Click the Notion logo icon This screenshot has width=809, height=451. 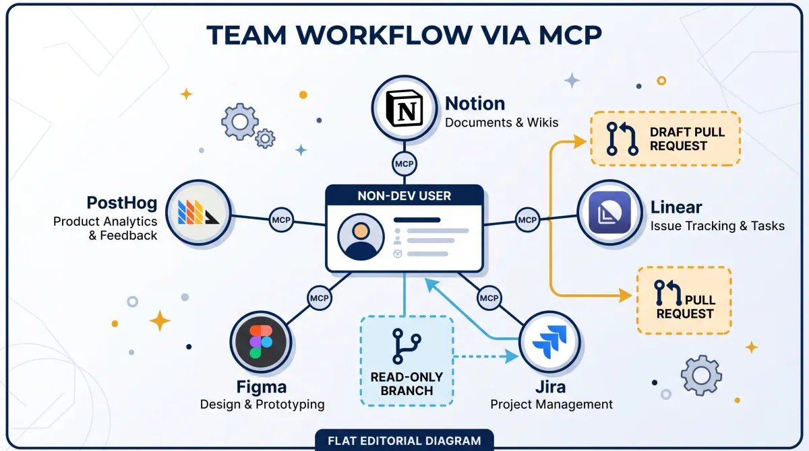pos(404,108)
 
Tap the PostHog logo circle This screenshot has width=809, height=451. pos(198,212)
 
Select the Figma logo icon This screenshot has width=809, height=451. pos(261,342)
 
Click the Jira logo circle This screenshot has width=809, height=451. pos(549,342)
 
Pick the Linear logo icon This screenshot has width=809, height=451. pos(609,212)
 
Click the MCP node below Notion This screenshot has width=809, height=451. pos(404,164)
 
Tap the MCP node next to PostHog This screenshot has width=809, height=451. pos(281,220)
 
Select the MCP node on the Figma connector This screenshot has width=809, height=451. pos(320,298)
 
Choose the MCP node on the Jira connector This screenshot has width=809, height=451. pos(489,298)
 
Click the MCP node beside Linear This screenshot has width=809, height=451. pos(527,220)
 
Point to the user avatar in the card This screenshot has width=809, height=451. pos(361,237)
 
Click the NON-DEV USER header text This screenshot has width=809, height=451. pos(404,196)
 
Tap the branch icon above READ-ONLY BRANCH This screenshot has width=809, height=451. pos(407,346)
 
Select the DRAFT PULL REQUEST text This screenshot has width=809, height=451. pos(687,139)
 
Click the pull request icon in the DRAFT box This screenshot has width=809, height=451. pos(622,139)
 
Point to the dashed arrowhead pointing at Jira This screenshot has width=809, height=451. pos(512,357)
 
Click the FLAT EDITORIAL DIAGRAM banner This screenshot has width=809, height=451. pos(404,440)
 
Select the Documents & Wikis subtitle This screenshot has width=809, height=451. pos(502,123)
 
